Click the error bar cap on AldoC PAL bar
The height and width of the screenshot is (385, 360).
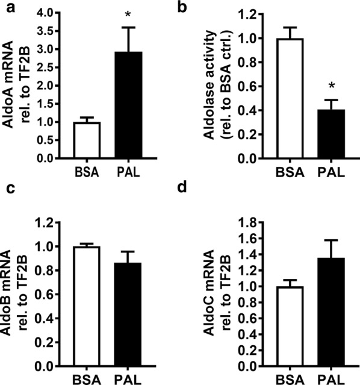point(331,240)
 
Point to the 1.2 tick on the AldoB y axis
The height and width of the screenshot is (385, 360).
point(48,223)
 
